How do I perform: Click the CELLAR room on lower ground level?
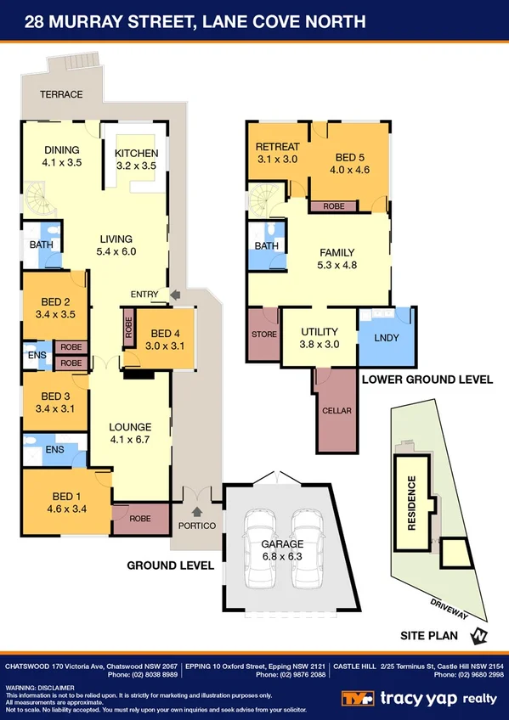click(x=337, y=411)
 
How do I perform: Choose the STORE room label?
click(x=264, y=335)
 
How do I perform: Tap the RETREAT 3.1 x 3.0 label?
click(x=277, y=152)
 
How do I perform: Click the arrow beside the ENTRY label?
click(x=175, y=295)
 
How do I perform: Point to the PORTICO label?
click(x=197, y=526)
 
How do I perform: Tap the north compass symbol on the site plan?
click(x=480, y=634)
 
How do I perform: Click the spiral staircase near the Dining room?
click(x=39, y=204)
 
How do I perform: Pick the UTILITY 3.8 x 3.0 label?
click(x=320, y=338)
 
